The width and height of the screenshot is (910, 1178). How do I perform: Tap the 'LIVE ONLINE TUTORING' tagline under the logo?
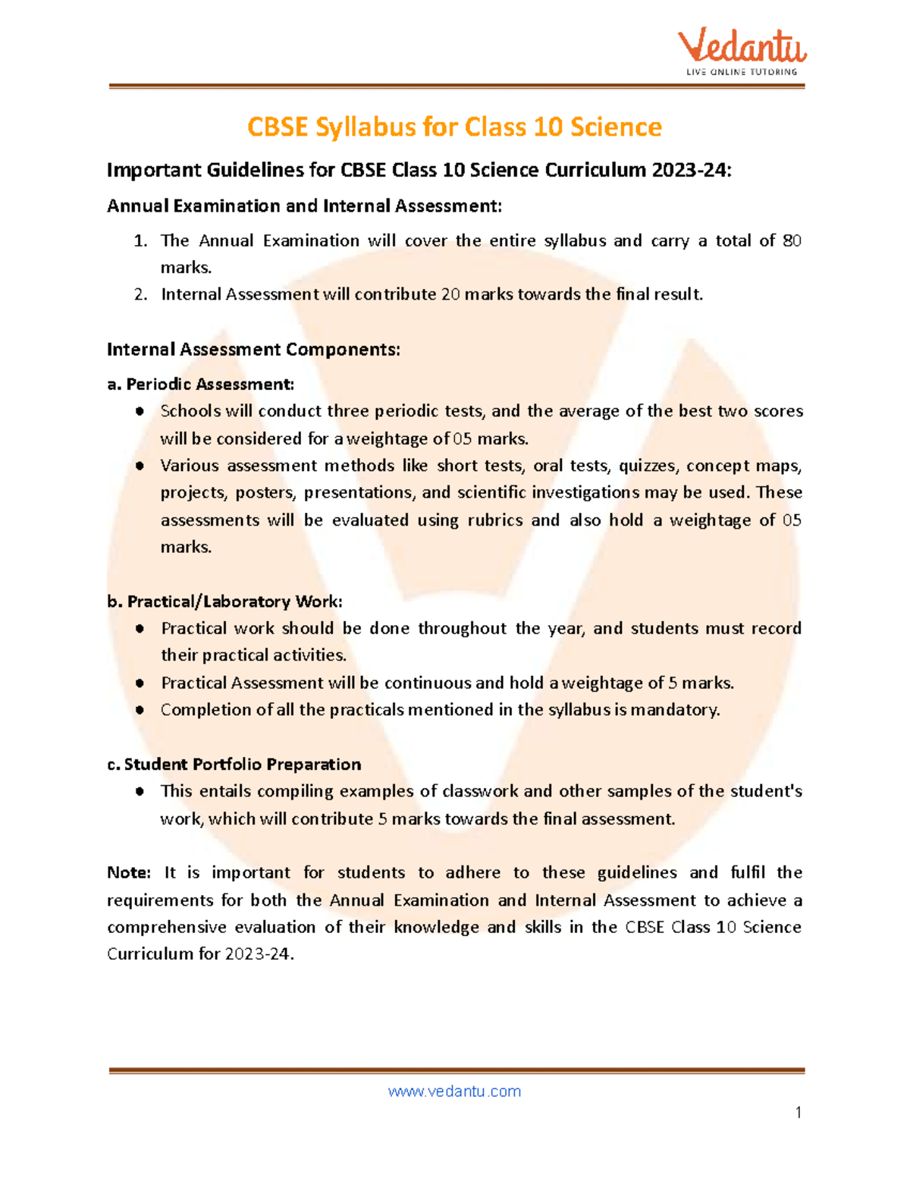point(742,72)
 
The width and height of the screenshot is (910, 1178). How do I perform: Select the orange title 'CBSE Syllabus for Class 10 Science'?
point(454,127)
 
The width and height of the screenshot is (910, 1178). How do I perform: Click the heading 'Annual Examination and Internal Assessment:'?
point(304,206)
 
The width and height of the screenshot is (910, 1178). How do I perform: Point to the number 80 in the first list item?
point(792,240)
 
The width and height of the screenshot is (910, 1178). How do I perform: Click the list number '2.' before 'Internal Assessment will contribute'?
point(140,294)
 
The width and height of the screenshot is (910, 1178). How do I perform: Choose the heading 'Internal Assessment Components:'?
point(253,349)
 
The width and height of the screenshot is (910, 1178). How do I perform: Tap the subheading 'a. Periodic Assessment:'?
point(200,384)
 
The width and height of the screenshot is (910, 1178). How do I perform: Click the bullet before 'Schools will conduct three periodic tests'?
point(140,411)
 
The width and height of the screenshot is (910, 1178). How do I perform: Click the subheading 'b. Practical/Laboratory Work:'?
point(224,602)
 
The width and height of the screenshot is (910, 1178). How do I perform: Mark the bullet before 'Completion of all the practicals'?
point(140,710)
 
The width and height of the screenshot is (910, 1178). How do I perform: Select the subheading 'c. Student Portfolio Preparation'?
point(234,764)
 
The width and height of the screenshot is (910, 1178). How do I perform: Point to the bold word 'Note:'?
point(129,872)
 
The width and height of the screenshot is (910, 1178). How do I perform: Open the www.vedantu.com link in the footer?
point(454,1091)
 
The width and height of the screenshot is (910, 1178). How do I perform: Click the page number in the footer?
point(798,1113)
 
